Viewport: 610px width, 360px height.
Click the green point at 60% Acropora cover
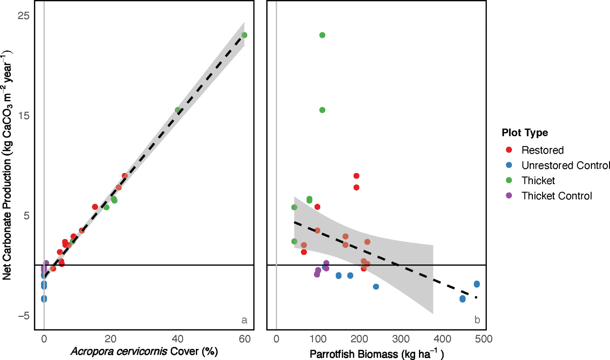point(244,35)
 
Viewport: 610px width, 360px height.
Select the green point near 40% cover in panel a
point(178,110)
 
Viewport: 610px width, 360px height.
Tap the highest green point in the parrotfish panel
point(322,35)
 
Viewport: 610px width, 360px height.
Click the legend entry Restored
point(542,150)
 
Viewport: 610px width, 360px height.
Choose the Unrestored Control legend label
point(565,165)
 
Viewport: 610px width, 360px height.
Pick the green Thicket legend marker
point(509,180)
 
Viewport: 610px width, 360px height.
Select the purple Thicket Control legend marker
point(509,195)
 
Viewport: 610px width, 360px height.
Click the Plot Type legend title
point(524,132)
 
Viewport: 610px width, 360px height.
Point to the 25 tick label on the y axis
point(23,15)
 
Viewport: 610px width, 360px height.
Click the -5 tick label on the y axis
point(23,316)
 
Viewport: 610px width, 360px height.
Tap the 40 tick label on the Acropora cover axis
point(177,339)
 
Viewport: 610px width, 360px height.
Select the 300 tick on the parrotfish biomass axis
point(401,339)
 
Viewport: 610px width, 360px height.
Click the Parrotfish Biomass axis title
point(376,354)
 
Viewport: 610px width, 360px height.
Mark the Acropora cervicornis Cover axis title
point(144,351)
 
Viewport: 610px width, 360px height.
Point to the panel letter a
point(244,320)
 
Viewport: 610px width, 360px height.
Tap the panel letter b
point(477,320)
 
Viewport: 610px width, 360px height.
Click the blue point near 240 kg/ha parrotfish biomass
point(376,287)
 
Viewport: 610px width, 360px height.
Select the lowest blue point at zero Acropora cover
point(44,299)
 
